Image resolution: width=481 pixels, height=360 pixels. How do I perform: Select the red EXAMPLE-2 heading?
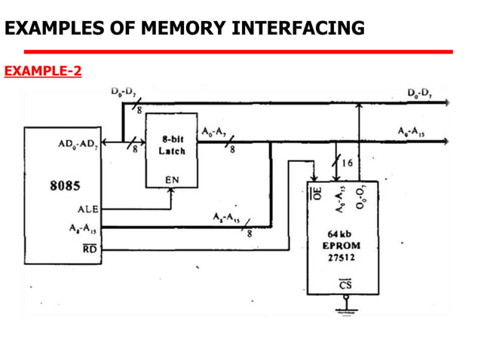coord(43,72)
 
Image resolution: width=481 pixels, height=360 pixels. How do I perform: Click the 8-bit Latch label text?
coord(171,145)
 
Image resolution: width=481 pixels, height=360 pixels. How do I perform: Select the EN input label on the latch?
coord(172,181)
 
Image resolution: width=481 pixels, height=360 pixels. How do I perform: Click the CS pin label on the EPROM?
coord(345,285)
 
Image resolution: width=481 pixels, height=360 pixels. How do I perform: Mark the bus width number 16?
coord(348,162)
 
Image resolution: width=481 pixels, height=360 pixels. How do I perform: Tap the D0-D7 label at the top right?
coord(419,93)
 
